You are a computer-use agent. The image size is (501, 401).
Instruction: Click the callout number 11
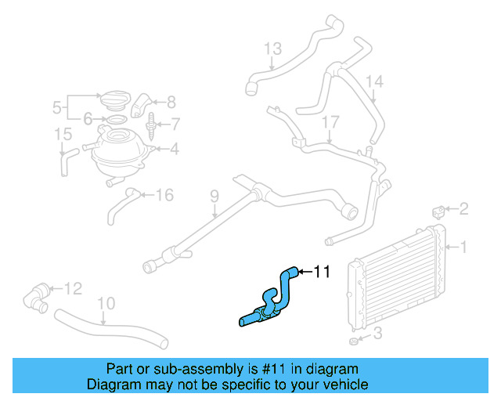pyautogui.click(x=322, y=273)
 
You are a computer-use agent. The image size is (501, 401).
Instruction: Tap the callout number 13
pyautogui.click(x=272, y=49)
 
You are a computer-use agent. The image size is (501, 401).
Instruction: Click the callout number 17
pyautogui.click(x=330, y=122)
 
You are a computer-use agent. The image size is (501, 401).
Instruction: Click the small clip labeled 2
pyautogui.click(x=440, y=210)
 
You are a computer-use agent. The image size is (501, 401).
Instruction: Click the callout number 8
pyautogui.click(x=171, y=101)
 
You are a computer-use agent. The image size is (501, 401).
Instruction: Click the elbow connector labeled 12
pyautogui.click(x=38, y=296)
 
